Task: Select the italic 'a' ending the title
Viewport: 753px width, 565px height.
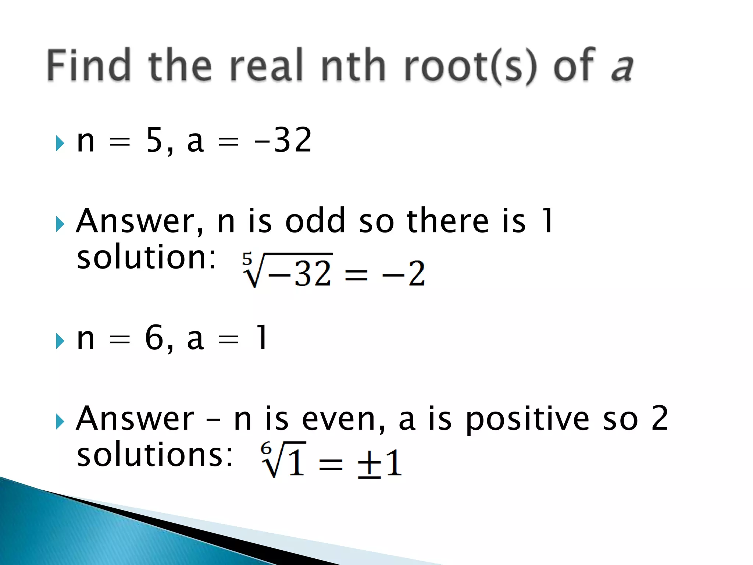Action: [622, 68]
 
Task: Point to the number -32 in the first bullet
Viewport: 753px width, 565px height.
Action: [283, 140]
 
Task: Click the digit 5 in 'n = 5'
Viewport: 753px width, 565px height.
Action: [154, 140]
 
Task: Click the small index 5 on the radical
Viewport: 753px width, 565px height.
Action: [247, 259]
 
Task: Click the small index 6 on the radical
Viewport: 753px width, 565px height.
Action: [266, 449]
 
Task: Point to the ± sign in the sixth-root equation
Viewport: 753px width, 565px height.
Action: [369, 464]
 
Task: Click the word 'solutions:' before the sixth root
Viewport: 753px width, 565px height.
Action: [155, 455]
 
